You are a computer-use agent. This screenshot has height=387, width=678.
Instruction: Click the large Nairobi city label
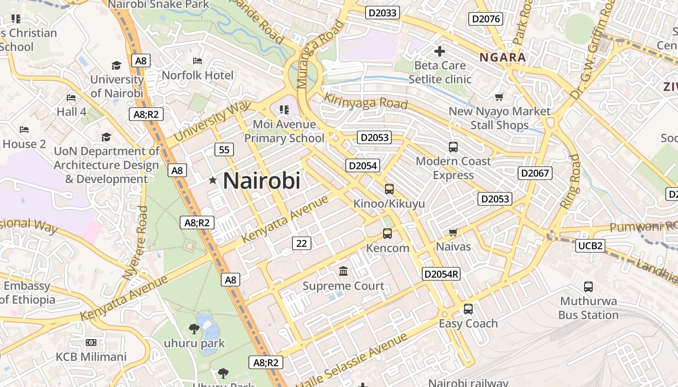point(262,180)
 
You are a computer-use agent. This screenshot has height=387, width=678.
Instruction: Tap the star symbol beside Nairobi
point(213,180)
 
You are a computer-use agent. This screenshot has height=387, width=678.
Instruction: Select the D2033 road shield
point(382,13)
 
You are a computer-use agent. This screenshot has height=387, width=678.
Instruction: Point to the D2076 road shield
point(486,19)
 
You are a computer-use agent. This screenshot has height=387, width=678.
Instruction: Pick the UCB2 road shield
point(591,246)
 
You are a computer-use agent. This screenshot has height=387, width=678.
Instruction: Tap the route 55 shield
point(224,150)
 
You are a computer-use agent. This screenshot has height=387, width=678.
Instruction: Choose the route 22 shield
point(301,243)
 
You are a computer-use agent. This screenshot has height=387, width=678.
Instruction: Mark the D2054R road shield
point(441,274)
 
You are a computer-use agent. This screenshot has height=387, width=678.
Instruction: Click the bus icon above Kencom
point(387,234)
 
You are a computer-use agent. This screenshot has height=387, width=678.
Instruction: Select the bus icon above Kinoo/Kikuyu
point(389,189)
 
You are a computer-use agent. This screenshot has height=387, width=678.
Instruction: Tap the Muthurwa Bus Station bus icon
point(588,287)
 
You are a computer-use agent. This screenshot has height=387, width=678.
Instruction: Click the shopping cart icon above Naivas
point(453,233)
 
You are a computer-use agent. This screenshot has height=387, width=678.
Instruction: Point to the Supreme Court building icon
point(343,271)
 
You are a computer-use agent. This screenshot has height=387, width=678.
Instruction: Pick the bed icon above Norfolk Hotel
point(198,61)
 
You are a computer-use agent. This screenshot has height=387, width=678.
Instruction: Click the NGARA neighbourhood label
point(502,58)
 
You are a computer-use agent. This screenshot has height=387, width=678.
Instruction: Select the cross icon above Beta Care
point(440,51)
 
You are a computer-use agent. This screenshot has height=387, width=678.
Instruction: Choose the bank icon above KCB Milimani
point(91,343)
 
